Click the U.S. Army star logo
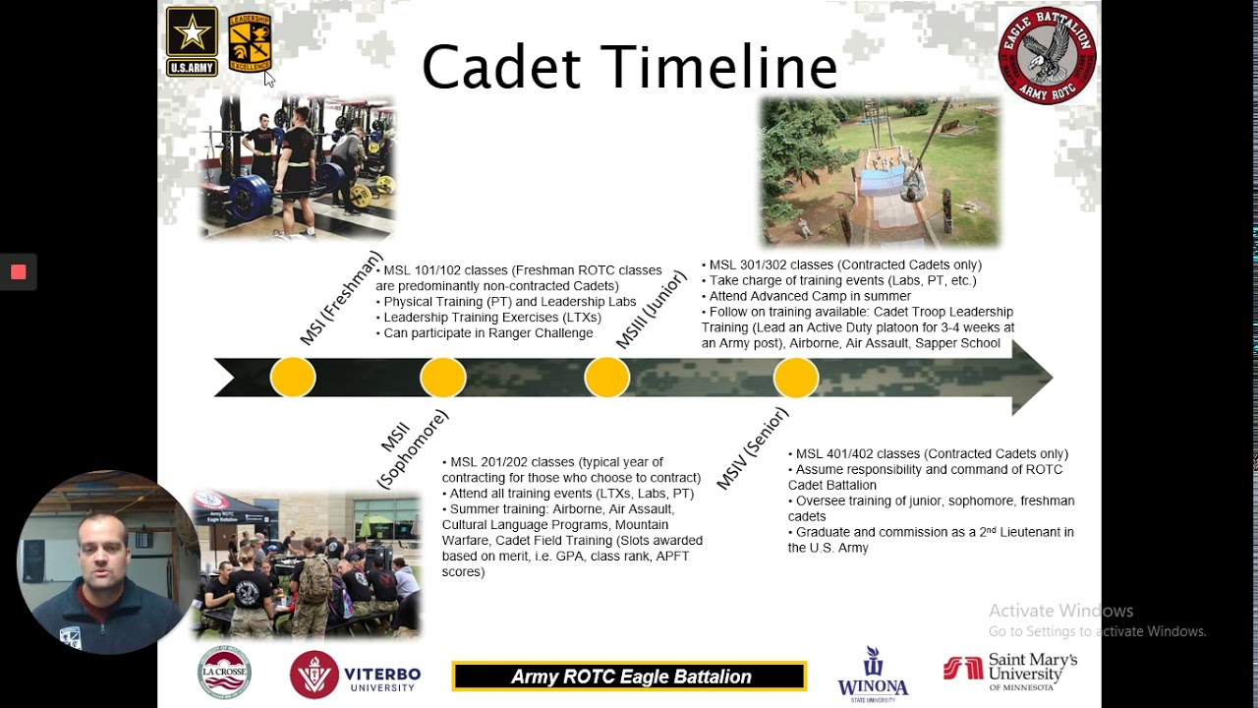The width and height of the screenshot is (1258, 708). pos(192,40)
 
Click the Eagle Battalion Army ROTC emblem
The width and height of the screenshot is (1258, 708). pos(1047,55)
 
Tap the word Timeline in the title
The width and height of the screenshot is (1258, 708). pos(719,67)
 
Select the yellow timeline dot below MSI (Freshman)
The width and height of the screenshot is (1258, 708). pos(293,378)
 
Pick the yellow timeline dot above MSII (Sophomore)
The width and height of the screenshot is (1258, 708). pos(443,378)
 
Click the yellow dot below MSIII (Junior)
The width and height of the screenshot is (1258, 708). pos(606,378)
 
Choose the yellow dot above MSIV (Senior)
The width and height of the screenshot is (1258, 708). pos(795,378)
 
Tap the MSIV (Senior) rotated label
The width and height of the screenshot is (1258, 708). pos(752,448)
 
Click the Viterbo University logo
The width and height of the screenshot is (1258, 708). pos(355,676)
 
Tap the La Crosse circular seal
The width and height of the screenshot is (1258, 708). pos(224,674)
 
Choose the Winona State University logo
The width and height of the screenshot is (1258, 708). pos(873,675)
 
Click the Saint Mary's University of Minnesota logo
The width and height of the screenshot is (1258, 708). pos(1010,673)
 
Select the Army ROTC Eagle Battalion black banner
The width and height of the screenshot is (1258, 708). pos(629,677)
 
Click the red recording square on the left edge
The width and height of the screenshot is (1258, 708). pos(18,272)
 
